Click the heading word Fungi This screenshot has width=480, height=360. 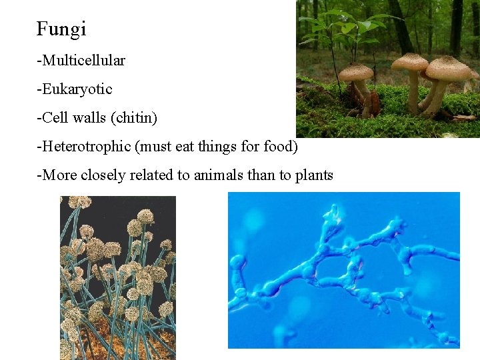(61, 29)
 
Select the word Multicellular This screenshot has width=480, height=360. (83, 61)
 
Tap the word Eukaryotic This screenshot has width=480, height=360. (77, 89)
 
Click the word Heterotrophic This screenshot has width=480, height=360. (85, 147)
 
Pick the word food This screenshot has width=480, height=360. (279, 147)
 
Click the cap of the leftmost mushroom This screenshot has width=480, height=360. (356, 71)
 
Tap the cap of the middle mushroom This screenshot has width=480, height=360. (409, 62)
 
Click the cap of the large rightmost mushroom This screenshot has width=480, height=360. (448, 67)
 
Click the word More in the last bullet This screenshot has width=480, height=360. (55, 175)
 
